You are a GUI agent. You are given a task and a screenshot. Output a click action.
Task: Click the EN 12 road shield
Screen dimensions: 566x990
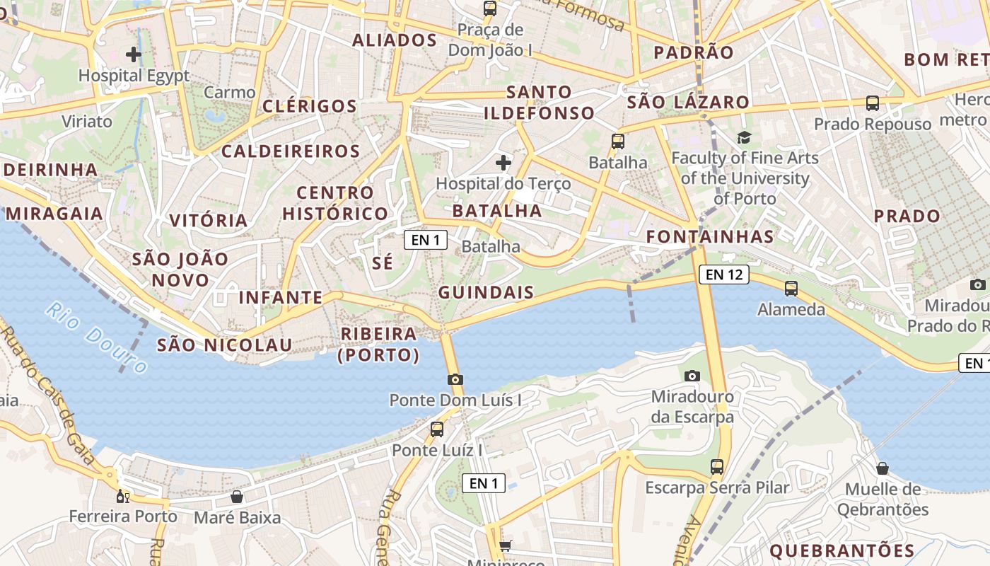click(723, 275)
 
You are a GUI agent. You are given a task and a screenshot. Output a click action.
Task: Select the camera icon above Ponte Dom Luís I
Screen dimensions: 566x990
click(455, 380)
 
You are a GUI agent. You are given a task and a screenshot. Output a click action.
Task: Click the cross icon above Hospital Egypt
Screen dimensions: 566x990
click(134, 54)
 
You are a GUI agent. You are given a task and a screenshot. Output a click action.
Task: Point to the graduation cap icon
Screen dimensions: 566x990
click(744, 137)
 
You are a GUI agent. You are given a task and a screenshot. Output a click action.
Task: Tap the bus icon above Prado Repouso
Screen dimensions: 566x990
click(873, 103)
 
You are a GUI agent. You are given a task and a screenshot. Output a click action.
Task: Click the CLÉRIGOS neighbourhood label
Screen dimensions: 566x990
click(310, 107)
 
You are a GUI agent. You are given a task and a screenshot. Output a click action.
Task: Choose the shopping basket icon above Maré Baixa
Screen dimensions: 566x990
click(237, 497)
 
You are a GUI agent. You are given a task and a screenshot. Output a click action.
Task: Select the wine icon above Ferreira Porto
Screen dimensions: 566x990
click(123, 496)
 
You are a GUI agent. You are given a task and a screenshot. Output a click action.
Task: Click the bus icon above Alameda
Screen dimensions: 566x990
click(791, 289)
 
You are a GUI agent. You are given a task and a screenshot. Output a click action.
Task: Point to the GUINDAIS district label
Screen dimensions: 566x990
click(486, 292)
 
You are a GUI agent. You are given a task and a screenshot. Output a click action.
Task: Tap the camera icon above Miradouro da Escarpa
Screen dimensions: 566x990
click(692, 376)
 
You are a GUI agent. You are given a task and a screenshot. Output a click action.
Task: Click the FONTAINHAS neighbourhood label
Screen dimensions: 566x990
click(710, 236)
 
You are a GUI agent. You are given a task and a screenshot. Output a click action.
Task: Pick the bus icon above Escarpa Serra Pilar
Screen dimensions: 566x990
click(717, 467)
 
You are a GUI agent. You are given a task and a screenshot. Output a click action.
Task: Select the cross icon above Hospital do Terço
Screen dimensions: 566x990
click(503, 163)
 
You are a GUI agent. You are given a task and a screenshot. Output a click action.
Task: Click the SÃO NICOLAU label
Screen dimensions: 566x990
click(224, 345)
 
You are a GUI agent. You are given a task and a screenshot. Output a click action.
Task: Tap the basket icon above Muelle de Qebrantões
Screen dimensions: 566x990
click(883, 468)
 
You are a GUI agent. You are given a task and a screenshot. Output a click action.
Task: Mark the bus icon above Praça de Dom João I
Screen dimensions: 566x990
click(489, 8)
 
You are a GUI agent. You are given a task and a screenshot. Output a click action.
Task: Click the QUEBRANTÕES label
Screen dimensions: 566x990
click(841, 550)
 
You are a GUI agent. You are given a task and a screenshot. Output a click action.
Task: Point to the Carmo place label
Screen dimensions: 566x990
click(229, 93)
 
